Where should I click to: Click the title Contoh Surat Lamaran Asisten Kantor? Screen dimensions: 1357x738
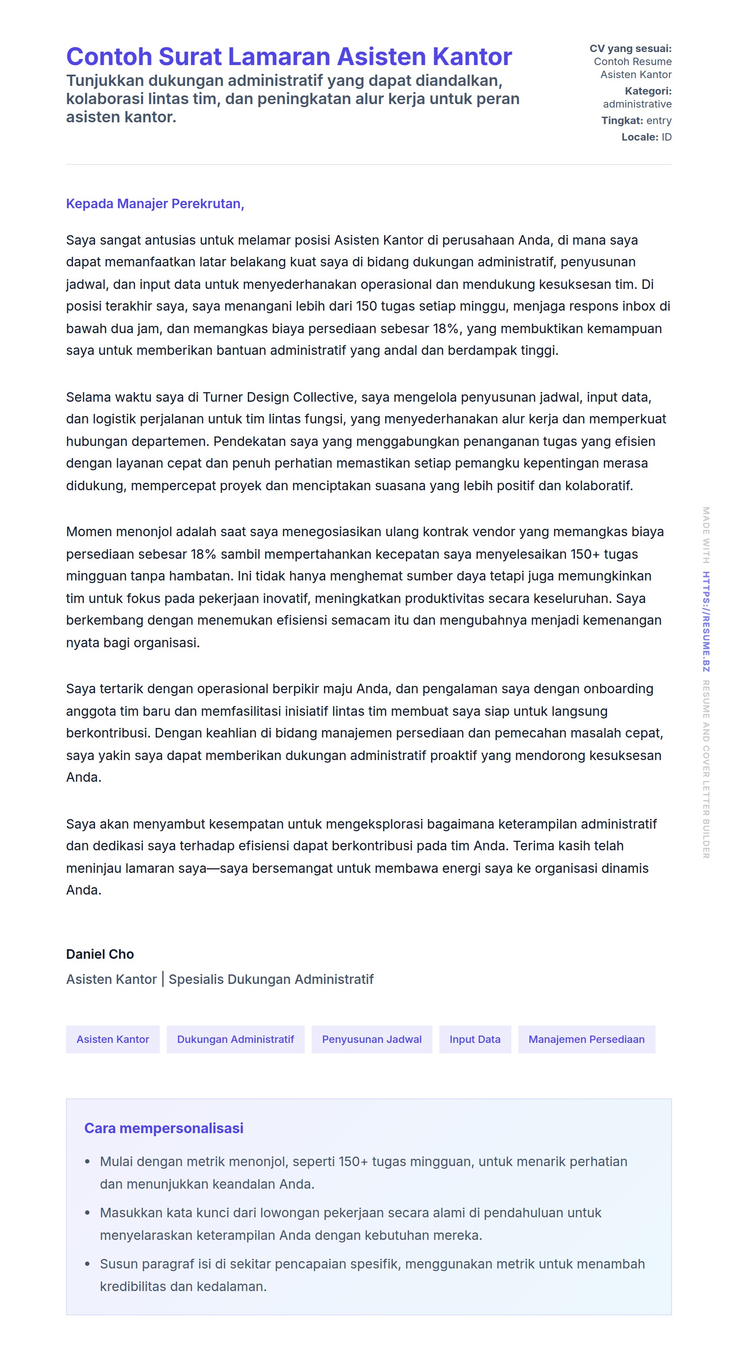point(289,56)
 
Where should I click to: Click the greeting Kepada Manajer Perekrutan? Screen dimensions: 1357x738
point(155,204)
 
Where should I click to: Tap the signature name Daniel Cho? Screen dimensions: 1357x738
point(100,954)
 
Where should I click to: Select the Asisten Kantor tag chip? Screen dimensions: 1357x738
point(113,1039)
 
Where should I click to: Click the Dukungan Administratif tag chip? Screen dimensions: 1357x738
point(235,1039)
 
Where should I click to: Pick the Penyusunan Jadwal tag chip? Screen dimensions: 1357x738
point(372,1039)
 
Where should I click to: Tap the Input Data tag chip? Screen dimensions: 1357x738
point(474,1039)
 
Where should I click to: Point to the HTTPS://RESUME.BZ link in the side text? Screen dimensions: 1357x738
point(706,622)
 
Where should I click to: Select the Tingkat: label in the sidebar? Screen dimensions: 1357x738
point(622,121)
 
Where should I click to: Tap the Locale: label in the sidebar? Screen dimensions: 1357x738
point(639,137)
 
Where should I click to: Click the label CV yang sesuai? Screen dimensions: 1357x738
point(630,49)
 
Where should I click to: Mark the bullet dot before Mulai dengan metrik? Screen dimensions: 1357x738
point(88,1162)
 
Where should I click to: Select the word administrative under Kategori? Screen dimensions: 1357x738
point(637,104)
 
